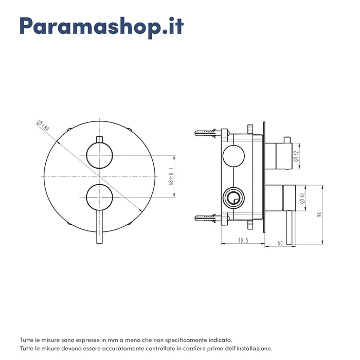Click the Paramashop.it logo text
pos(102,27)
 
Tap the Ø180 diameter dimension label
pos(43,126)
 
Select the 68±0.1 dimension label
pos(171,176)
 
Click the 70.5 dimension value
pos(243,240)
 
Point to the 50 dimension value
pos(280,243)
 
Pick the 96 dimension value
pos(319,214)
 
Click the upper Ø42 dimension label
pos(296,156)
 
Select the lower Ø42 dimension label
pos(302,198)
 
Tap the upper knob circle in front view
pos(99,155)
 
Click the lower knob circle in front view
pos(99,197)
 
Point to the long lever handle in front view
pos(100,227)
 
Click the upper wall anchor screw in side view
pos(205,133)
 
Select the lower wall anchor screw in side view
pos(205,218)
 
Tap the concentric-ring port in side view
pos(233,198)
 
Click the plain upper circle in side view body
pos(233,156)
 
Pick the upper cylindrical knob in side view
pos(283,156)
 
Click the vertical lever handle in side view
pos(289,227)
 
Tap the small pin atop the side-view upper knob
pos(287,140)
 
